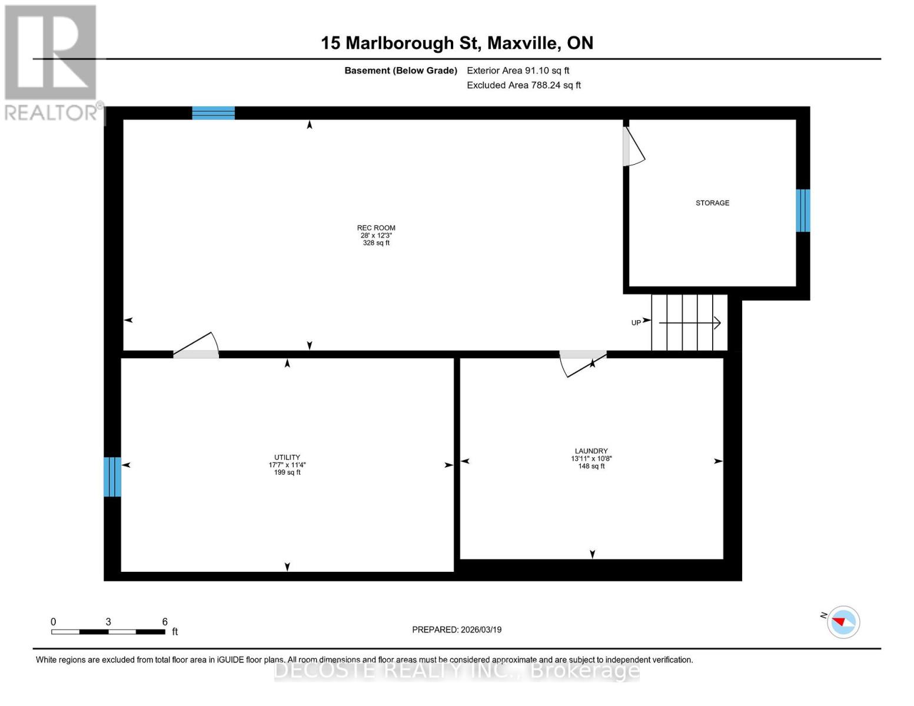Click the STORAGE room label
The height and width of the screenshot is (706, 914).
click(x=712, y=203)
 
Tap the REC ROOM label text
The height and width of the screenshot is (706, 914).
click(x=376, y=228)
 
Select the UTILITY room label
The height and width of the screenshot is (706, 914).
click(x=287, y=457)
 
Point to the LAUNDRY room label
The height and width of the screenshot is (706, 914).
click(x=591, y=451)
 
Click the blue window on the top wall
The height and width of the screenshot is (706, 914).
click(x=214, y=113)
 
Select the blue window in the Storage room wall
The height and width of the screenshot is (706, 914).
click(x=803, y=211)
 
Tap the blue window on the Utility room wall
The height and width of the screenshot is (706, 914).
click(x=112, y=477)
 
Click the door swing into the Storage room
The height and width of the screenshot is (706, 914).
click(x=633, y=147)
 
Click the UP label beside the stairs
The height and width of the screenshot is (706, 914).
click(x=636, y=322)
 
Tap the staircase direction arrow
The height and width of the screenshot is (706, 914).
click(x=689, y=322)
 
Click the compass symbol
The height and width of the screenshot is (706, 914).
click(x=843, y=622)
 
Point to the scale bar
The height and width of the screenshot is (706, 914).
click(x=108, y=632)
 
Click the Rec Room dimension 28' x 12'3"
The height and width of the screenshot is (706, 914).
click(x=376, y=235)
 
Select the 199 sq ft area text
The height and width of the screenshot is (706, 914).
click(x=287, y=472)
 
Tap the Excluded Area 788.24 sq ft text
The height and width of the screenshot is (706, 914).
click(x=524, y=85)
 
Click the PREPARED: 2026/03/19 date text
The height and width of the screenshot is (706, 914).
click(x=457, y=630)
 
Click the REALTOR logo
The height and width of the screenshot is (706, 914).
click(x=52, y=62)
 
